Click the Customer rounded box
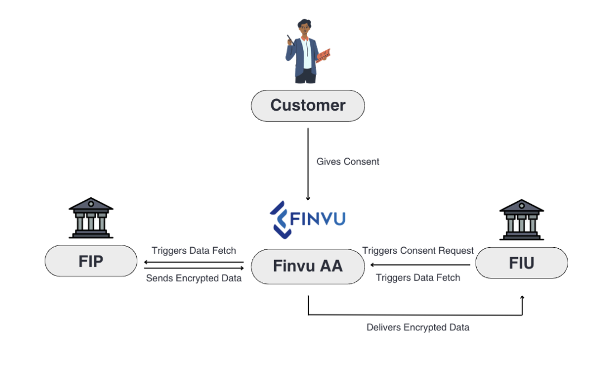point(308,105)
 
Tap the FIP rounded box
point(91,261)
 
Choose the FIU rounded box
point(521,263)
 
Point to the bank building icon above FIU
point(521,219)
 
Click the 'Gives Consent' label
point(348,162)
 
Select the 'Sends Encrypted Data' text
point(194,278)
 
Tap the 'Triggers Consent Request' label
point(418,250)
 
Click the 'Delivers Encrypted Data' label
point(418,328)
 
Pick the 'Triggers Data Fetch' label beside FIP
point(194,250)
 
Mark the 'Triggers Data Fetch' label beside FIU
point(418,278)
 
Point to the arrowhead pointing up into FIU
point(522,299)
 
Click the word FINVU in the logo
point(319,218)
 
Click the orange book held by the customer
point(324,55)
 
